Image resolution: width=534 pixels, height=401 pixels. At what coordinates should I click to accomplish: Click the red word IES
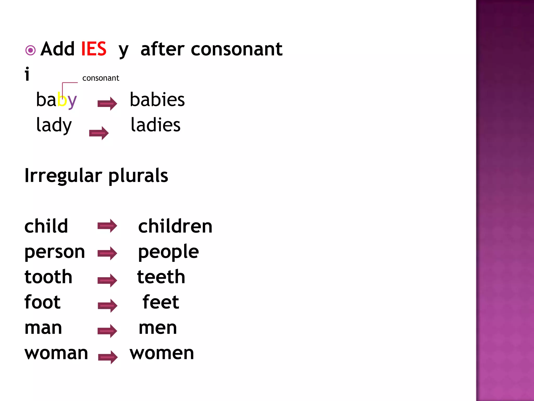tap(94, 49)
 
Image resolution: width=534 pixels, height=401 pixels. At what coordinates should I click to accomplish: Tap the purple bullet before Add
tap(31, 50)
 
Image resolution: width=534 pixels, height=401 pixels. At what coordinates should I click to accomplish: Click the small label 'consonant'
tap(101, 78)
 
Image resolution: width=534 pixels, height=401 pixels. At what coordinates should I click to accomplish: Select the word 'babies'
tap(157, 100)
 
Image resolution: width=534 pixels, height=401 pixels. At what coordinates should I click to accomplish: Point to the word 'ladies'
tap(155, 125)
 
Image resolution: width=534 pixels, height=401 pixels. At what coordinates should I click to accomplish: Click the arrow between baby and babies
tap(107, 104)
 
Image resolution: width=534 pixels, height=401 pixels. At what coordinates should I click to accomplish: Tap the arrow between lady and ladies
tap(99, 133)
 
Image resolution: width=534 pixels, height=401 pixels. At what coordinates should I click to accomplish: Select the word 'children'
tap(175, 226)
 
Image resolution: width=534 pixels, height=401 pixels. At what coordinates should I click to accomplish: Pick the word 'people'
tap(168, 252)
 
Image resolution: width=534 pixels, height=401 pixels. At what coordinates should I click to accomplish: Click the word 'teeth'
tap(161, 277)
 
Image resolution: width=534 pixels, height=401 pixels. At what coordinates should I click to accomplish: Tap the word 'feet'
tap(161, 302)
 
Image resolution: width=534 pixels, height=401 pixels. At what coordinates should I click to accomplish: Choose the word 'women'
tap(162, 353)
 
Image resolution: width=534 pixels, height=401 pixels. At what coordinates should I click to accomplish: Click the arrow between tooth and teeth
tap(107, 280)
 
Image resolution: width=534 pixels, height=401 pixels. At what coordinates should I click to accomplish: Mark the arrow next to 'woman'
tap(108, 357)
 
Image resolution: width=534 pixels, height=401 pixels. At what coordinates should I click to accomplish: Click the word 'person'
tap(55, 252)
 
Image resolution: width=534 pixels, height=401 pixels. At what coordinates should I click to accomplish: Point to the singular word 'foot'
tap(43, 302)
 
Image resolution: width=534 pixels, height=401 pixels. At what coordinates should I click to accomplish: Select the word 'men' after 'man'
tap(158, 328)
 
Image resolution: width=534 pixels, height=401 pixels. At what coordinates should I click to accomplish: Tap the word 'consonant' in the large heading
tap(236, 49)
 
